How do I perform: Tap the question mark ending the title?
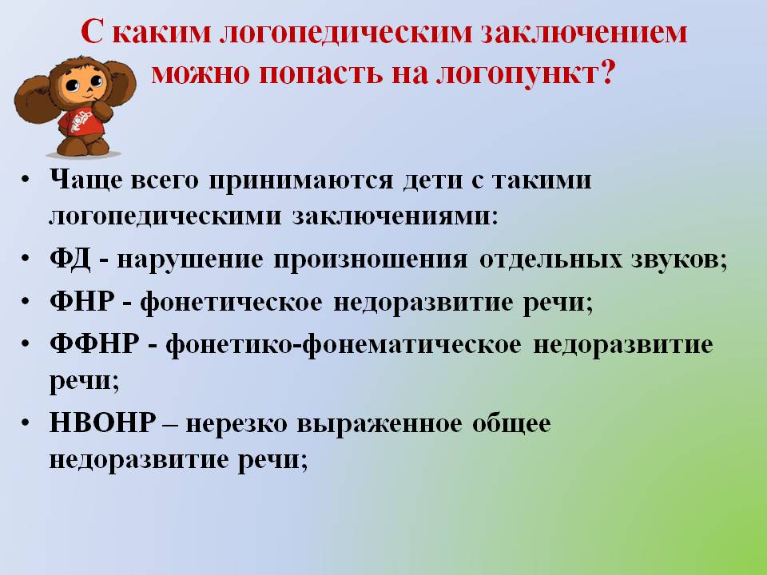[606, 73]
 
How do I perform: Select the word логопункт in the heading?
[517, 74]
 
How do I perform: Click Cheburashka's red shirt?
[80, 120]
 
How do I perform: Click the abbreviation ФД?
[70, 259]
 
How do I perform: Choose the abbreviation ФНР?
[82, 300]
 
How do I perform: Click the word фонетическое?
[232, 302]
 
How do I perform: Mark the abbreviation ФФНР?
[94, 343]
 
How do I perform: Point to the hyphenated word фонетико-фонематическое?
[344, 345]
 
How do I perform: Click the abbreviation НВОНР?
[103, 422]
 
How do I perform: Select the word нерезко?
[236, 424]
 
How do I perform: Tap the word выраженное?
[379, 424]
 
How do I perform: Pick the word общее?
[511, 424]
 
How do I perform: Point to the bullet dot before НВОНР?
[26, 422]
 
